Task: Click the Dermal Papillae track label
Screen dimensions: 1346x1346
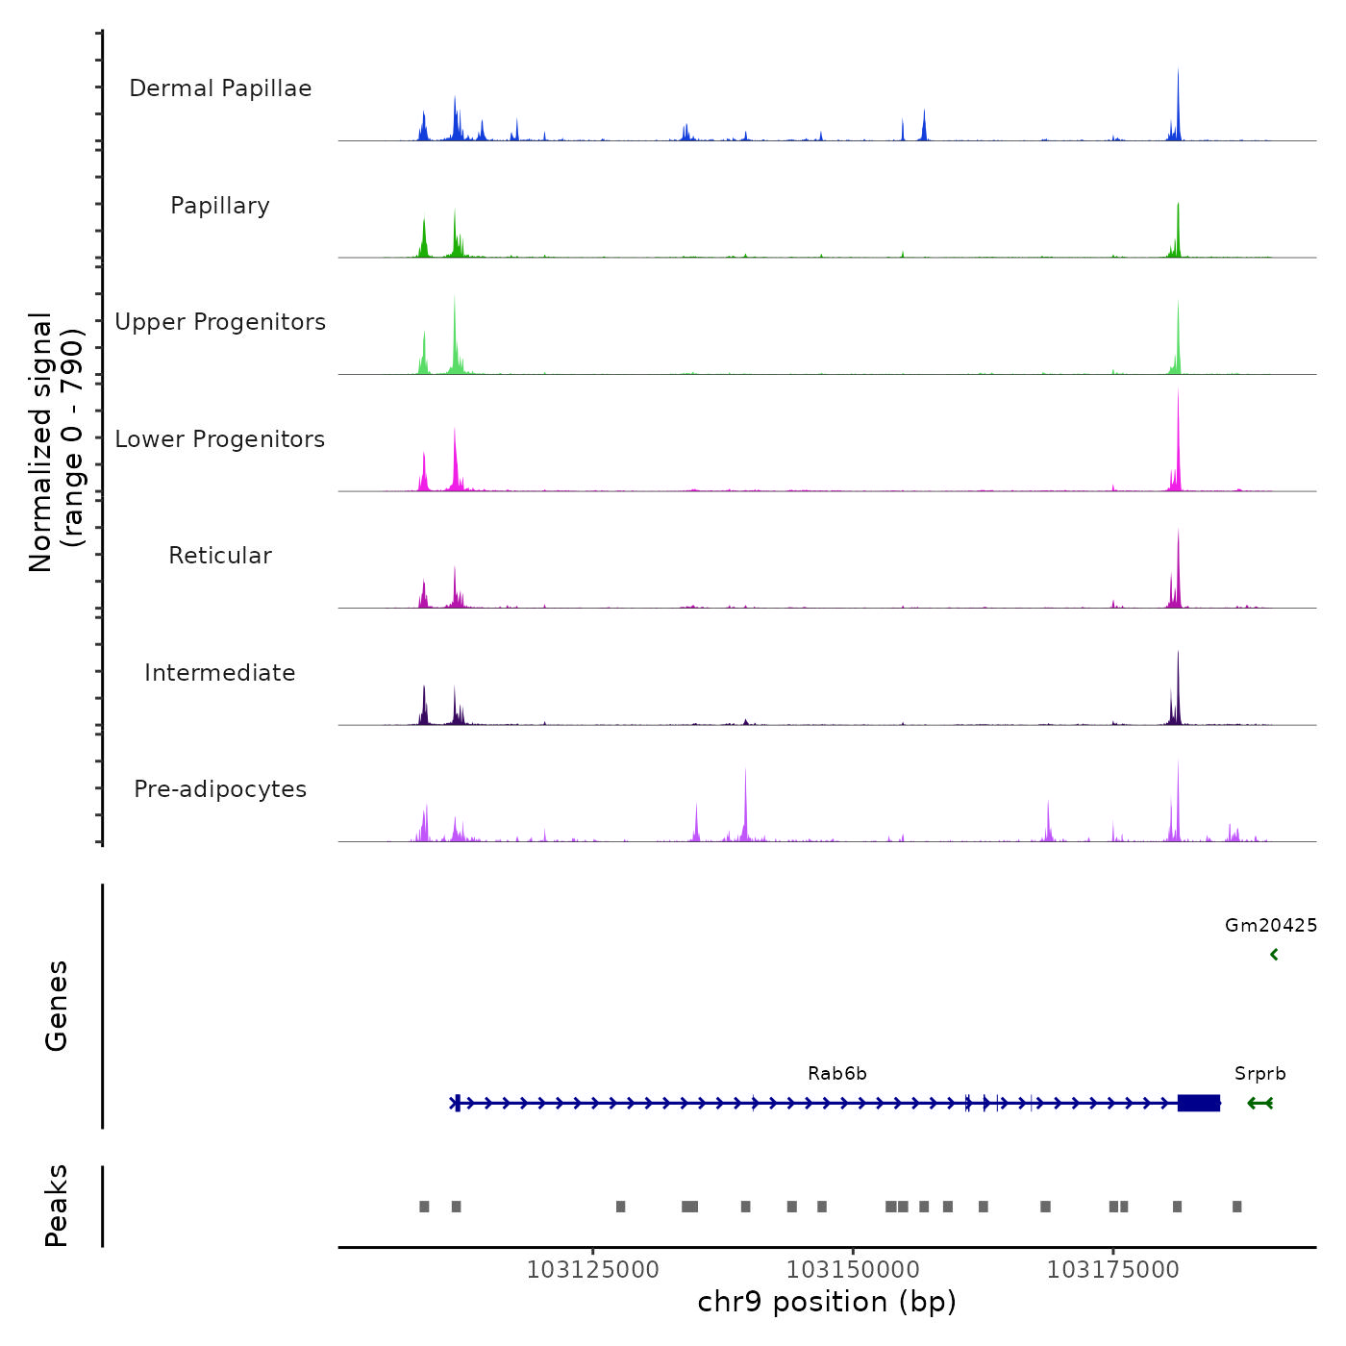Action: coord(220,88)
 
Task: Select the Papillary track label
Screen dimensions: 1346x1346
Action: coord(220,206)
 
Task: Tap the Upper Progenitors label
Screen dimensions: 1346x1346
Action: coord(220,322)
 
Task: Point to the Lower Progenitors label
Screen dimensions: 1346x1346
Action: coord(220,439)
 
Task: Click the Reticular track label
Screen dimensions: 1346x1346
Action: coord(220,556)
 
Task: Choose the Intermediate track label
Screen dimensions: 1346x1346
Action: coord(220,673)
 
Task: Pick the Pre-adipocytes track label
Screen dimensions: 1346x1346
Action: coord(220,789)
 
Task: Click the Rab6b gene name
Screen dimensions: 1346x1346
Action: coord(836,1074)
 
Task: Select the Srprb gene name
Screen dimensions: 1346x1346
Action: coord(1259,1074)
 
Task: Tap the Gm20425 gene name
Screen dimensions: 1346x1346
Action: coord(1270,926)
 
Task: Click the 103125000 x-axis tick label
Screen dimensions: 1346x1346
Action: coord(593,1270)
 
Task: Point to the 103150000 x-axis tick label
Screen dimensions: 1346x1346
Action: coord(853,1270)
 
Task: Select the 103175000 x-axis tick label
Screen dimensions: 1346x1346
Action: coord(1112,1270)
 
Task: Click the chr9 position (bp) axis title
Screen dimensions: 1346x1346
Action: coord(827,1303)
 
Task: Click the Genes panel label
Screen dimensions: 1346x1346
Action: coord(57,1006)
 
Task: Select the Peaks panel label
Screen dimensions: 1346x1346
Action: coord(57,1206)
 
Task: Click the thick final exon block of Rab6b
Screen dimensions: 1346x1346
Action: coord(1199,1103)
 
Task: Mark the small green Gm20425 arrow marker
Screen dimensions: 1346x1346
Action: coord(1274,955)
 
